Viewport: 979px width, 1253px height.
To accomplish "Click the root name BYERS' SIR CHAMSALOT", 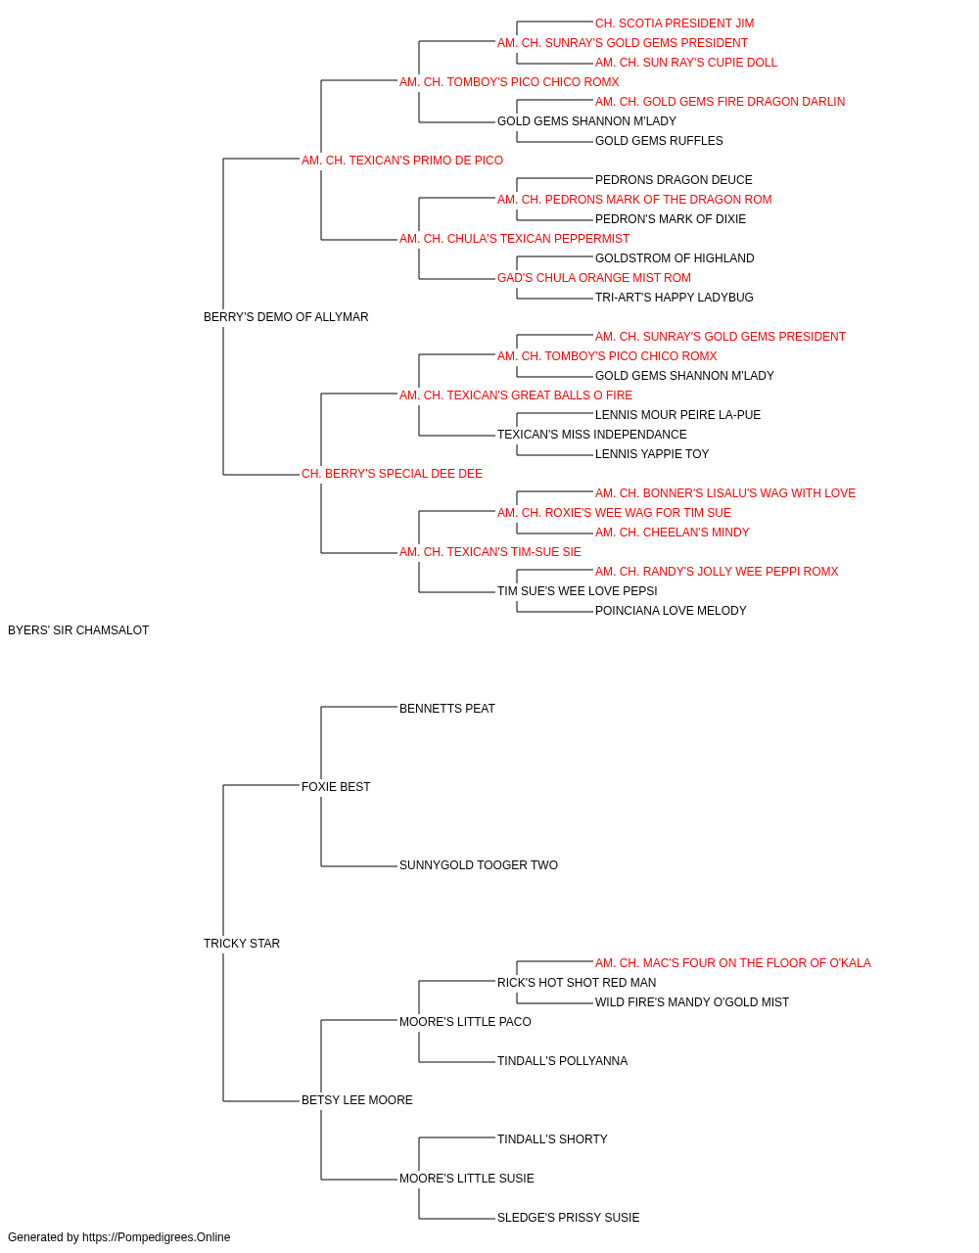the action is [x=78, y=630].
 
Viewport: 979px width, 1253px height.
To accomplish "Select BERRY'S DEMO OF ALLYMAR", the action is [x=286, y=317].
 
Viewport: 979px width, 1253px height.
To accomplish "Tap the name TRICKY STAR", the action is [x=242, y=944].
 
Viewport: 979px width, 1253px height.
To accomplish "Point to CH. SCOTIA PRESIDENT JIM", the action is [x=675, y=23].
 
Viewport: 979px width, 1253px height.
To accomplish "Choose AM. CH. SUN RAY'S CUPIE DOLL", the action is [x=686, y=63].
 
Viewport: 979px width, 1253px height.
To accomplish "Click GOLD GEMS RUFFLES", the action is [x=659, y=141].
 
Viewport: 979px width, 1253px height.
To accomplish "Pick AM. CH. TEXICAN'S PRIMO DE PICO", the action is [x=402, y=161].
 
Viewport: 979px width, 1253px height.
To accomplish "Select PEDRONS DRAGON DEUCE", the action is [x=674, y=180].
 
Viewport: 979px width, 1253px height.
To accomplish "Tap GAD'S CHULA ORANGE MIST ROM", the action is [x=594, y=278].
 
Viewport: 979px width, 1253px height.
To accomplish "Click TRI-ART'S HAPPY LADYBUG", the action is [x=674, y=298].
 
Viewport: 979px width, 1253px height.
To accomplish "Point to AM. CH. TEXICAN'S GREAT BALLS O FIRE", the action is [x=516, y=395].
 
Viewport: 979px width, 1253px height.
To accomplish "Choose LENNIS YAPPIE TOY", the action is [x=652, y=454].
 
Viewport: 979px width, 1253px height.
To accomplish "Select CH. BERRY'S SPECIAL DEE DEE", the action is [x=392, y=474].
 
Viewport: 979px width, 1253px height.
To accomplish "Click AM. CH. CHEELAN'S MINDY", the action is [x=673, y=533].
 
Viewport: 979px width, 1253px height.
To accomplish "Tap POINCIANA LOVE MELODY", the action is [x=671, y=611].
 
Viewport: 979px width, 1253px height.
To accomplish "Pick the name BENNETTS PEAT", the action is [x=447, y=709].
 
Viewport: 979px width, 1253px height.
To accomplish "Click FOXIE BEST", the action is [x=336, y=787].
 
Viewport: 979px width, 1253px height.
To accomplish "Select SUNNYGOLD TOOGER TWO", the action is [x=479, y=865].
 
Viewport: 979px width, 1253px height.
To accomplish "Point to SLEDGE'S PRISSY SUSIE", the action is [x=569, y=1218].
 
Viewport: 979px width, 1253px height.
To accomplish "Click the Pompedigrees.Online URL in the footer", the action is [x=157, y=1237].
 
